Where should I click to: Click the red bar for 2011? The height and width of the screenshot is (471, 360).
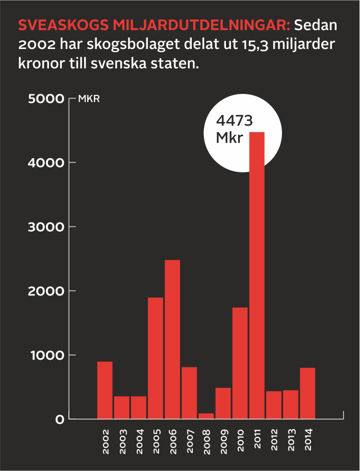(x=257, y=276)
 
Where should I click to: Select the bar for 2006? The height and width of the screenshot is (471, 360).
(x=172, y=339)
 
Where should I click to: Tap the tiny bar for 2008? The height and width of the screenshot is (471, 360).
(x=206, y=416)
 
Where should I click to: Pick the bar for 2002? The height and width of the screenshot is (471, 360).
(x=105, y=390)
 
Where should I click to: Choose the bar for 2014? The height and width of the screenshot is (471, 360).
(x=307, y=393)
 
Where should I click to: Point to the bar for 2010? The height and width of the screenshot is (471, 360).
(x=240, y=363)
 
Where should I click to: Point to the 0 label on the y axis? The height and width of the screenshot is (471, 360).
(x=59, y=419)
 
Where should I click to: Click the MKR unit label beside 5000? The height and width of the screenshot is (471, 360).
(x=89, y=99)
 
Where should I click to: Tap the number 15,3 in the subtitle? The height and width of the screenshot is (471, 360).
(x=252, y=45)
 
